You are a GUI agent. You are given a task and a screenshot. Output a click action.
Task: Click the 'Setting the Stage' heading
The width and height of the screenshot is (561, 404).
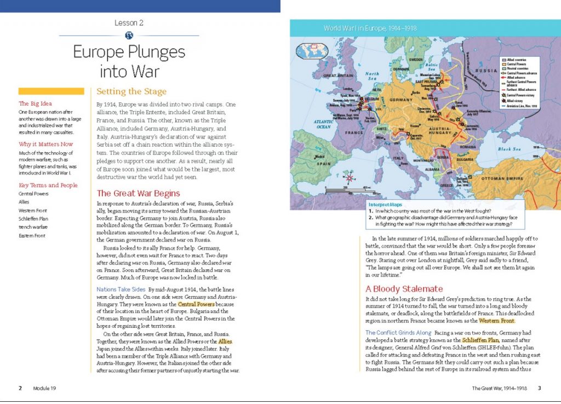(x=131, y=91)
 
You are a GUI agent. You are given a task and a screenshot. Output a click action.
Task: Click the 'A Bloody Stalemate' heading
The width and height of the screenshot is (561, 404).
(x=404, y=288)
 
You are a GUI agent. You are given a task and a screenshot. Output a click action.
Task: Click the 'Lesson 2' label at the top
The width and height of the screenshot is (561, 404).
(x=129, y=23)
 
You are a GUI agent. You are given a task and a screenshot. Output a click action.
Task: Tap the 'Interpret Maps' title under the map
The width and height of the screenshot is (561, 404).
(x=386, y=204)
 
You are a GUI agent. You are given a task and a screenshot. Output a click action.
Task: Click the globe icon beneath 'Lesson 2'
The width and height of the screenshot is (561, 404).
(x=129, y=36)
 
